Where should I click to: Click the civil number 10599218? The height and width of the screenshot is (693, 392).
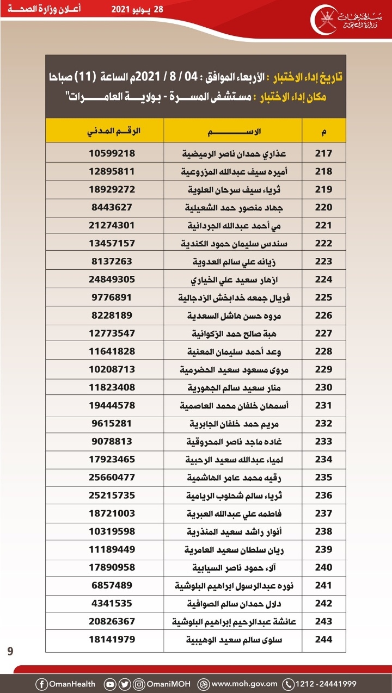coord(112,153)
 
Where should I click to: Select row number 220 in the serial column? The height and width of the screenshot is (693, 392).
coord(323,207)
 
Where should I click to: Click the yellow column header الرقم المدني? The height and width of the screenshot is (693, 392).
coord(112,132)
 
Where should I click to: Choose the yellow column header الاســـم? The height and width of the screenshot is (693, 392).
coord(233,132)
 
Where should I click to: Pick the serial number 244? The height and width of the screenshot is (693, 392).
coord(323,639)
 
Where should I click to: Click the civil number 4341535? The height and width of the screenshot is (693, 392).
coord(112,603)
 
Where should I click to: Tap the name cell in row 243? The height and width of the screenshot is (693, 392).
coord(233,621)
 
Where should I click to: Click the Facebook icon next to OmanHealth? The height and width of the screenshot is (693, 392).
coord(41,684)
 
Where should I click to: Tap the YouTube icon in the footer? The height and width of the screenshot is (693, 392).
coord(110,684)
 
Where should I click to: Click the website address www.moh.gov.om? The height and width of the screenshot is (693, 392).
coord(244,684)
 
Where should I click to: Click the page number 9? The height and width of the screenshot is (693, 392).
coord(10,651)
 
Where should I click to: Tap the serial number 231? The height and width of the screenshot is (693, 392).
coord(323,405)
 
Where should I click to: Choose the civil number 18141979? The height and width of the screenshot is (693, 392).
coord(112,639)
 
